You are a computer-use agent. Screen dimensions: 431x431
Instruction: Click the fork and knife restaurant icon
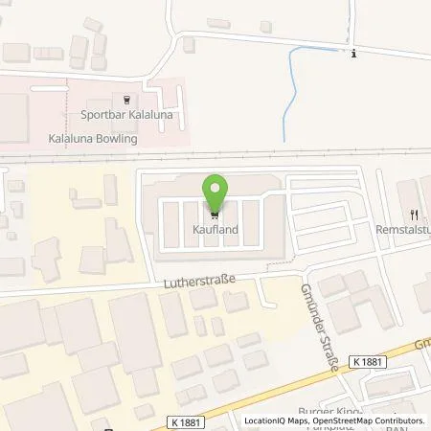click(414, 215)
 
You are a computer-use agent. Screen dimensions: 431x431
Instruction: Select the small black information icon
click(353, 53)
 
